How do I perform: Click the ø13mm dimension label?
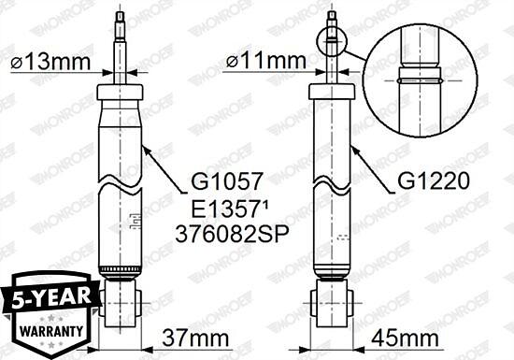pyautogui.click(x=50, y=62)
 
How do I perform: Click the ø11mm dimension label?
pyautogui.click(x=265, y=61)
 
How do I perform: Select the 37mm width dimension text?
pyautogui.click(x=195, y=338)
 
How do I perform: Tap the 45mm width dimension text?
pyautogui.click(x=405, y=338)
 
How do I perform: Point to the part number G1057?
pyautogui.click(x=227, y=181)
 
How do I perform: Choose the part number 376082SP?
pyautogui.click(x=232, y=234)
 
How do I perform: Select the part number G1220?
pyautogui.click(x=434, y=181)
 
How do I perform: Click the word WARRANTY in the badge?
pyautogui.click(x=51, y=331)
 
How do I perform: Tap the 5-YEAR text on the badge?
pyautogui.click(x=51, y=297)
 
